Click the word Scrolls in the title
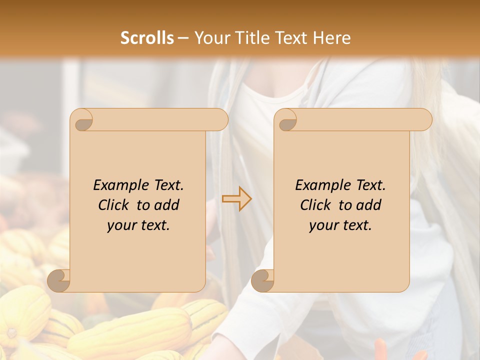(x=147, y=38)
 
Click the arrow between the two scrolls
(x=237, y=199)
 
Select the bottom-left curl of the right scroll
(x=263, y=281)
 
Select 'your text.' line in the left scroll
(x=138, y=225)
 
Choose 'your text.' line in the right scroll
(x=340, y=225)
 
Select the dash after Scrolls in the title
(x=183, y=38)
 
